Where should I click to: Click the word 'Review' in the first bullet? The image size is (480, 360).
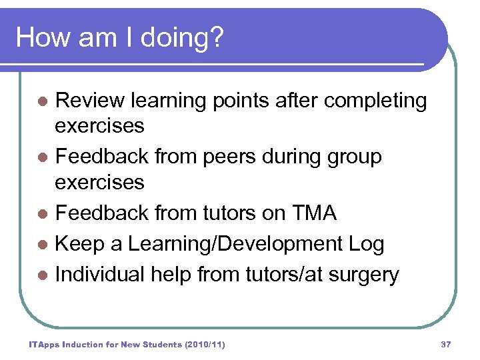(90, 101)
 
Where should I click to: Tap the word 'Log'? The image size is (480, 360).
(367, 245)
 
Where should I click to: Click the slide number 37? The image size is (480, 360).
(446, 345)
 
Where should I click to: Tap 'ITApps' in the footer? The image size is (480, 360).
(45, 345)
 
